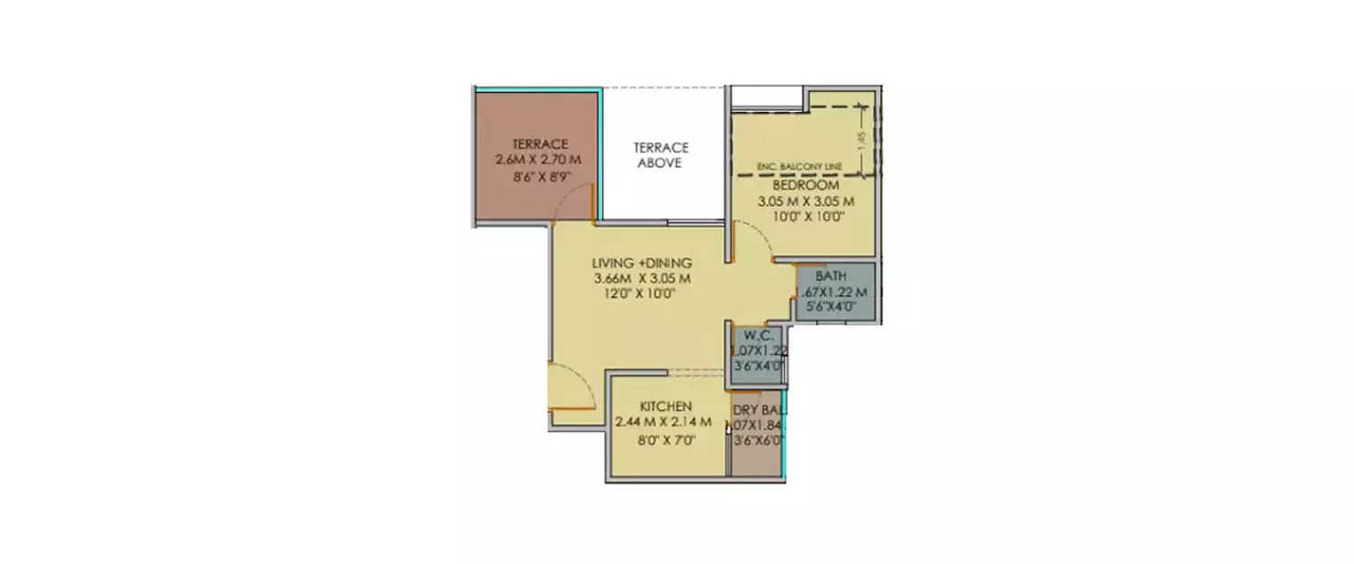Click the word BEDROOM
point(806,185)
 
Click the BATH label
point(830,275)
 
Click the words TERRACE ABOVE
point(661,155)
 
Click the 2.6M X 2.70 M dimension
point(538,160)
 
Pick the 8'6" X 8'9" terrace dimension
point(539,178)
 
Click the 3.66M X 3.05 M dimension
point(642,278)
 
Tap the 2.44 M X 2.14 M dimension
point(663,422)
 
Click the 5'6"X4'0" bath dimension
point(830,307)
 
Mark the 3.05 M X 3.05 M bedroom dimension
point(806,200)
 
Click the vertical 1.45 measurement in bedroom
point(861,139)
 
